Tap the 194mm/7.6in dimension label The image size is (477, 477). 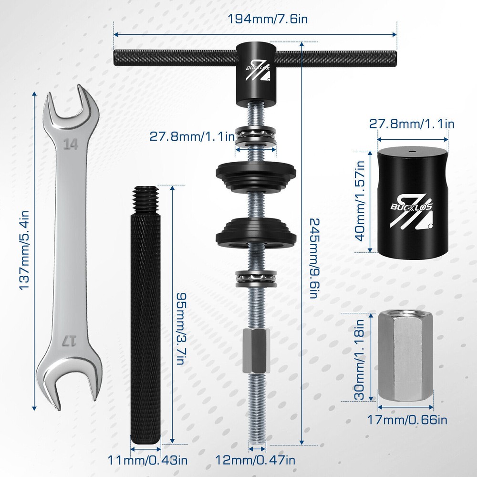[255, 20]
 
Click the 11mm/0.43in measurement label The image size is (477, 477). [147, 460]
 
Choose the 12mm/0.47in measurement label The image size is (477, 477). [256, 460]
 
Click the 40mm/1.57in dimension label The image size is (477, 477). [361, 200]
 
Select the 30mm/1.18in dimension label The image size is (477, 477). [361, 360]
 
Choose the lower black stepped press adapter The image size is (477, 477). [257, 232]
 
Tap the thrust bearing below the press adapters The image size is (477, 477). [257, 278]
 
